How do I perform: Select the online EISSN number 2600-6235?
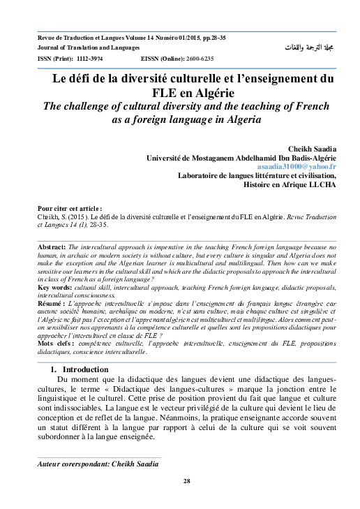pos(199,59)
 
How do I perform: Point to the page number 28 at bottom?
pos(186,481)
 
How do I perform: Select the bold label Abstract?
pos(51,247)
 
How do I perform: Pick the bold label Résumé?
pos(51,305)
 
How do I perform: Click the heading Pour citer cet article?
pos(68,209)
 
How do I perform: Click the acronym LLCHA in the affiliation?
pos(322,186)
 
